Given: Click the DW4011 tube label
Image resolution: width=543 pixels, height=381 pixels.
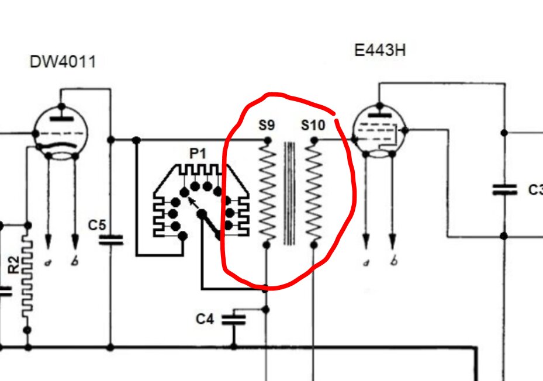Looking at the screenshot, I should (63, 62).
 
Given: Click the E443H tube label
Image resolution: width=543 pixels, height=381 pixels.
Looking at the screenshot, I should (379, 50).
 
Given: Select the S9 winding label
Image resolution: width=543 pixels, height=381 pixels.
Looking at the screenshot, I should (267, 125).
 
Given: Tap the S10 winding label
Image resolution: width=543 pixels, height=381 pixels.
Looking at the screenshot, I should (313, 125).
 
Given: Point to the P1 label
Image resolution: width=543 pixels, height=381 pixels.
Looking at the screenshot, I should (198, 154).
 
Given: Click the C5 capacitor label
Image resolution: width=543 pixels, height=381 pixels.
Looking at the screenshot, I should (97, 224).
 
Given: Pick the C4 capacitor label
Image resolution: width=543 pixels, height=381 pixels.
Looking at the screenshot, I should (205, 319).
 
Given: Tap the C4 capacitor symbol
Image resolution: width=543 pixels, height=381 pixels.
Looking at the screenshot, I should (234, 319).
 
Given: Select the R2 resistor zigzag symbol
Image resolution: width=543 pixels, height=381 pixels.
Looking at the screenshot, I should (27, 275).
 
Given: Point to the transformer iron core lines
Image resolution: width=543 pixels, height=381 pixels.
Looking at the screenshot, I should (290, 193).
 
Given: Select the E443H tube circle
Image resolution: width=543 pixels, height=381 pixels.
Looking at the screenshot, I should (379, 131).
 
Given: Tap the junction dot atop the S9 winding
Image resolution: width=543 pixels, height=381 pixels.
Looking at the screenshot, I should (267, 140).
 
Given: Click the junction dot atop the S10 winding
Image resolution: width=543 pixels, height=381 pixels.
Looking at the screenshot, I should (314, 140).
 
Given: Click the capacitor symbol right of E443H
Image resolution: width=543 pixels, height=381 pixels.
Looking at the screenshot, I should (504, 189).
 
